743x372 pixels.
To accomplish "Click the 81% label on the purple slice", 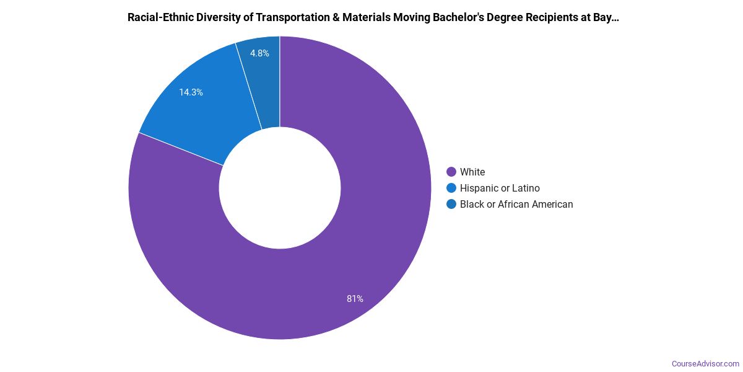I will coord(355,299).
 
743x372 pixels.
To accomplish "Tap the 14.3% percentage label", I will coord(191,92).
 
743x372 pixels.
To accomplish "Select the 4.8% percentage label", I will coord(259,53).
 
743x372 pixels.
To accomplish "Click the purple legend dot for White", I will coord(451,172).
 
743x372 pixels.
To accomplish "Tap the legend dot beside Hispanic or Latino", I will coord(451,188).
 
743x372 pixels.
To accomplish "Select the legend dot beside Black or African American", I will coord(451,204).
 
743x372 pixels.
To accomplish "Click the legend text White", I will coord(472,172).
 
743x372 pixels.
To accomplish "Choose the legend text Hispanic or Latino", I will coord(500,188).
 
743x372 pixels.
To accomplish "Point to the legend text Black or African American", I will coord(516,204).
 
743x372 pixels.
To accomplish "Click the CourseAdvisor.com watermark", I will coord(705,363).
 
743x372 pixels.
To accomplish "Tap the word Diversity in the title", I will coord(222,17).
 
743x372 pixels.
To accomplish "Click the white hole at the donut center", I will coord(280,188).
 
